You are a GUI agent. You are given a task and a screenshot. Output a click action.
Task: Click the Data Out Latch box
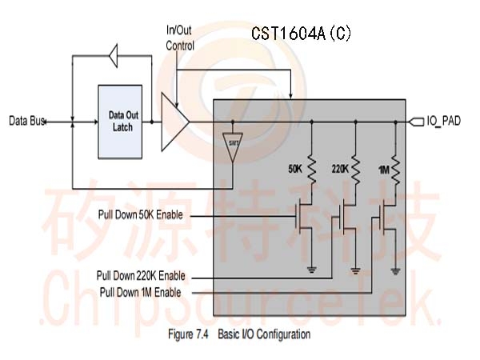[x=120, y=122]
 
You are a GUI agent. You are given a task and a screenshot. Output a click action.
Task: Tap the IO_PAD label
[x=443, y=122]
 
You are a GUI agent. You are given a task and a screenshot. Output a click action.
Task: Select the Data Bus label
[x=27, y=121]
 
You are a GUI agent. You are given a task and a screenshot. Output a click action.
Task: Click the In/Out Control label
[x=180, y=38]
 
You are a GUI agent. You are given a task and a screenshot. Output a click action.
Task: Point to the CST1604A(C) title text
[x=302, y=33]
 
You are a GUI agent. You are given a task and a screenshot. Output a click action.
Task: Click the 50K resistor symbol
[x=312, y=170]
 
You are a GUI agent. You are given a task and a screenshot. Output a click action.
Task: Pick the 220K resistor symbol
[x=355, y=170]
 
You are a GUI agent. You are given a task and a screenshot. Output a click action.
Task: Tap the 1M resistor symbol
[x=395, y=170]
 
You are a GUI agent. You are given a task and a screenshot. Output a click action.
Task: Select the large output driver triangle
[x=175, y=122]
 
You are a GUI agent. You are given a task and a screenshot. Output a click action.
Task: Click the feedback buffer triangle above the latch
[x=114, y=56]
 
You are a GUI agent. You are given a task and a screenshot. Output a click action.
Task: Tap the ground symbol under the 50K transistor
[x=312, y=270]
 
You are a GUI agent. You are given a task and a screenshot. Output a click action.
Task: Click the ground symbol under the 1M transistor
[x=395, y=271]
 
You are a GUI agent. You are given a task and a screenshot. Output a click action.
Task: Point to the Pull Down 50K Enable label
[x=141, y=214]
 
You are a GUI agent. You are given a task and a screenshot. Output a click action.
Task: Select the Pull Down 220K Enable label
[x=141, y=276]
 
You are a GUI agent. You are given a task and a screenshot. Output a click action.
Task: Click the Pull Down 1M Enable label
[x=141, y=292]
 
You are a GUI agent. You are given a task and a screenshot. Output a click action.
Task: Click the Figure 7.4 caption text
[x=239, y=334]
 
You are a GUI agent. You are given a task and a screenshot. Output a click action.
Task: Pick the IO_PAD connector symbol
[x=417, y=122]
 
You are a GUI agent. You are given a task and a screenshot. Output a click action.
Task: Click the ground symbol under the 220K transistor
[x=355, y=270]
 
